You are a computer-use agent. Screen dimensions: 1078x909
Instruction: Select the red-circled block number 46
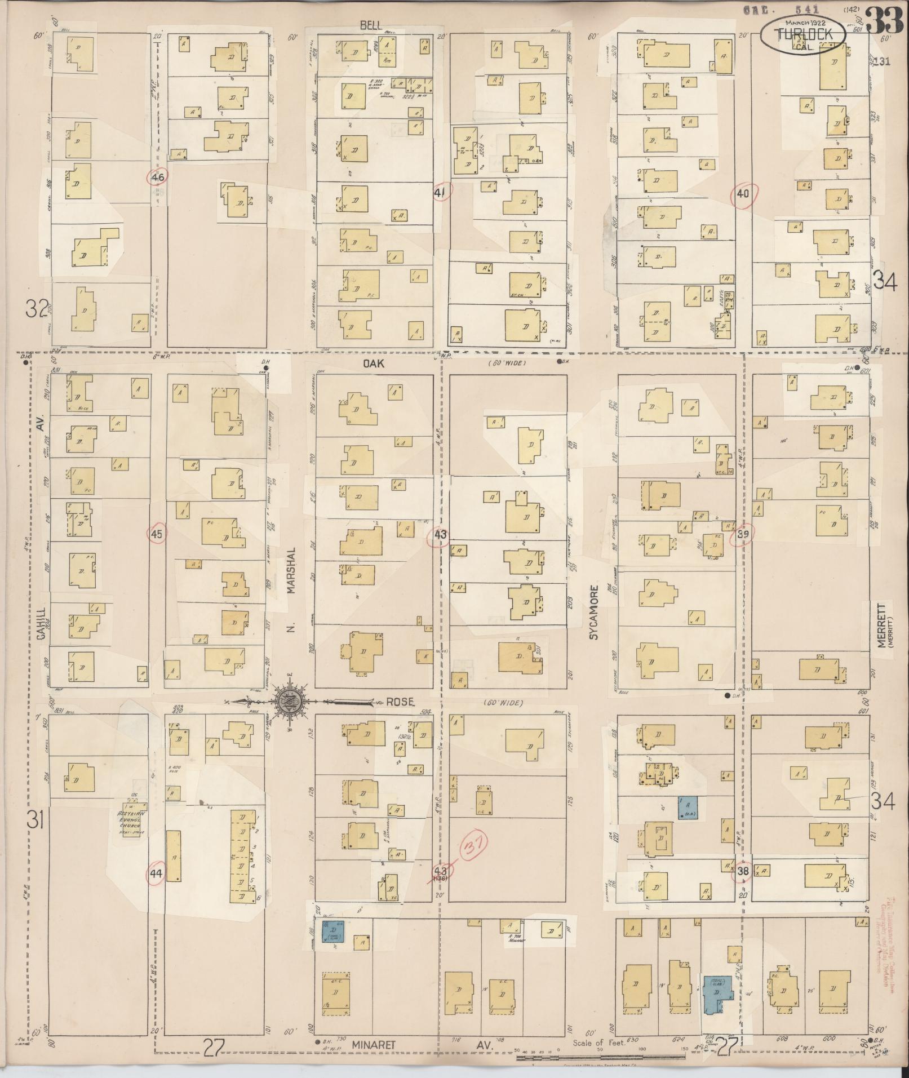tap(158, 178)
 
